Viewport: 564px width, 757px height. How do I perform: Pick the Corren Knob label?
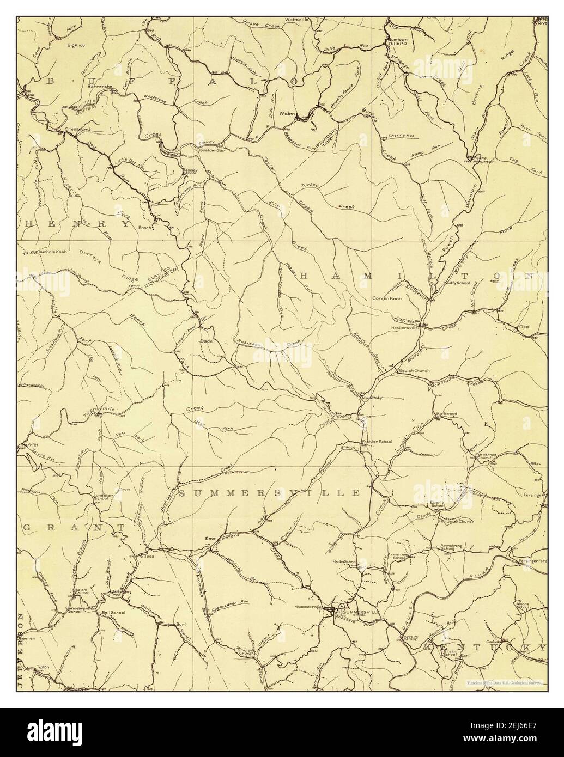point(387,298)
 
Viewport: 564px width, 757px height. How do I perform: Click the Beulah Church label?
point(414,370)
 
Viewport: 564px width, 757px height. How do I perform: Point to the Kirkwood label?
point(446,414)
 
